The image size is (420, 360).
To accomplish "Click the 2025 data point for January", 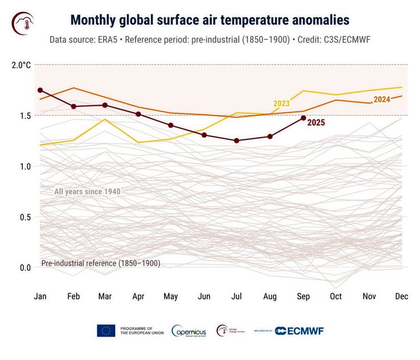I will [40, 90].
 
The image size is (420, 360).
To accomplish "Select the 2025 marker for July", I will [237, 141].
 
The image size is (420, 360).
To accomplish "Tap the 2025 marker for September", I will [303, 118].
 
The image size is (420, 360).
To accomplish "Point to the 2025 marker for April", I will [138, 114].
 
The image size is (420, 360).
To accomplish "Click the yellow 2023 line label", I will [281, 104].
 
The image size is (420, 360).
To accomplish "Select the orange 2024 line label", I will [381, 100].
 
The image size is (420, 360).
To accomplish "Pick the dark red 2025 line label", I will [316, 122].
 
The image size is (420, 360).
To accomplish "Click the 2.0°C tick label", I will [21, 65].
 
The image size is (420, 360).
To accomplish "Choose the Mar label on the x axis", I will [106, 296].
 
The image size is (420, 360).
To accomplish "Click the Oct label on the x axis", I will [335, 296].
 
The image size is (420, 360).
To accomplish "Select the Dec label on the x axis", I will [401, 296].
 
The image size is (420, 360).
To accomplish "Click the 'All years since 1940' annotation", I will [87, 192].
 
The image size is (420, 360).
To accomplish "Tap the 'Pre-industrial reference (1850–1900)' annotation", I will [101, 263].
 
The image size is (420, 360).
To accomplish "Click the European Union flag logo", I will [106, 331].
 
